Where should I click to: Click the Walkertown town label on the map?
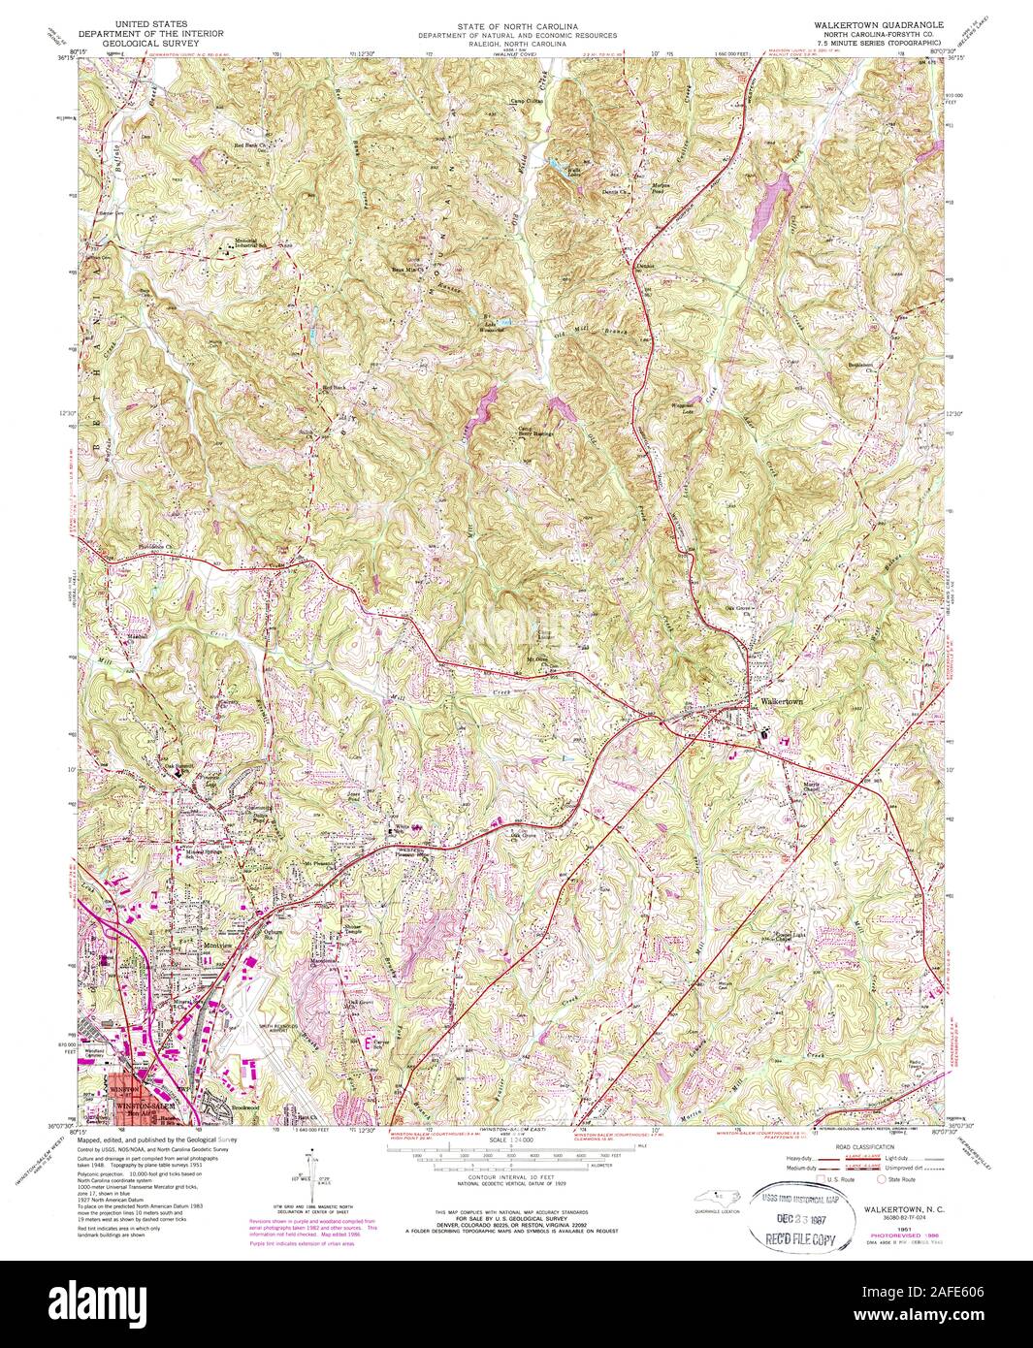click(783, 700)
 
